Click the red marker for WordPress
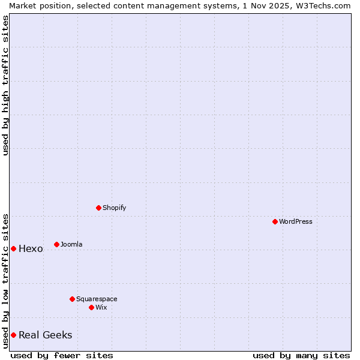click(275, 221)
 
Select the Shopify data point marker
click(98, 208)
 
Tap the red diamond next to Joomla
click(56, 244)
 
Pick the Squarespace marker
click(72, 299)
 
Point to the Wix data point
click(91, 307)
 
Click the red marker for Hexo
click(13, 248)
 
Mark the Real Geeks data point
click(13, 335)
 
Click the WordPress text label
click(296, 221)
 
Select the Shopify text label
click(114, 208)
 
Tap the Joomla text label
click(71, 244)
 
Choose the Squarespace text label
click(97, 299)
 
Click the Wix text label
click(101, 307)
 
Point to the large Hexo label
click(31, 249)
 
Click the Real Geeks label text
click(45, 335)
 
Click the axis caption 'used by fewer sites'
click(62, 355)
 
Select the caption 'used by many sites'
click(301, 355)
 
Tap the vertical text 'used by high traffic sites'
click(5, 85)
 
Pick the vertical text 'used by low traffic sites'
click(5, 280)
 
